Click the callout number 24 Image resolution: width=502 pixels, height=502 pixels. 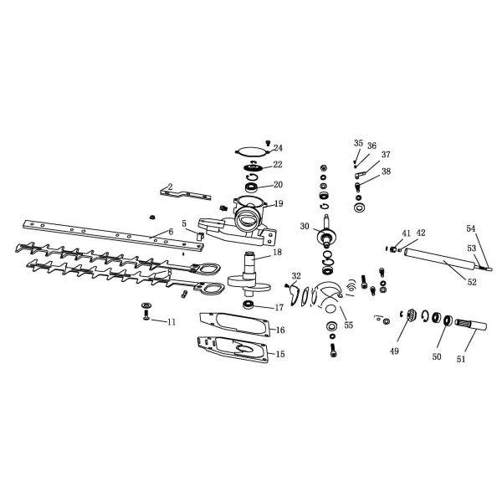278,148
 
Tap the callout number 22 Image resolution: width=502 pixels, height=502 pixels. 278,165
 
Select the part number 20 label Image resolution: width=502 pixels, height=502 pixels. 278,184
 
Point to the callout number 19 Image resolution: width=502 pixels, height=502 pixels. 278,203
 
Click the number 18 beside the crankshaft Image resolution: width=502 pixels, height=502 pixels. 276,251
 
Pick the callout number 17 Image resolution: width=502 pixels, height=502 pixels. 278,308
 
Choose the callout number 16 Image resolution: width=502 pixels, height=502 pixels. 280,330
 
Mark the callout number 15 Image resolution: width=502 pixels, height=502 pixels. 280,354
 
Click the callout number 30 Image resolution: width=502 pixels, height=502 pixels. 305,226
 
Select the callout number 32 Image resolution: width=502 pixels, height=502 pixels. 296,275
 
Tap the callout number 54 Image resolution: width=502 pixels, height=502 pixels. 470,228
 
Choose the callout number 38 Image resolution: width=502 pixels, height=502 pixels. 386,171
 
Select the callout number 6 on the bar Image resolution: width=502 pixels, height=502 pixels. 171,231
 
